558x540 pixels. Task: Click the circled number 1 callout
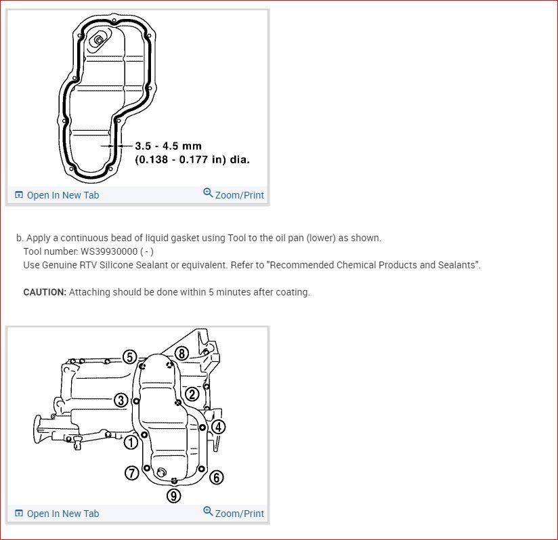tap(131, 442)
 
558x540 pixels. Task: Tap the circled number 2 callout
tap(192, 394)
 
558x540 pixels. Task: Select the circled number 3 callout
tap(121, 400)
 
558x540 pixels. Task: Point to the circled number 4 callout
tap(218, 427)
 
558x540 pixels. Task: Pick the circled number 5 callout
tap(130, 357)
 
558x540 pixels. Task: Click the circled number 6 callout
tap(216, 477)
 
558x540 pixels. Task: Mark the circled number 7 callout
tap(131, 472)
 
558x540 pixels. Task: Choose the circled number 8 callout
tap(181, 353)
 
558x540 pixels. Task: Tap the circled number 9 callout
tap(174, 496)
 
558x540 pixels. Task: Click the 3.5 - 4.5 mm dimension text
tap(168, 146)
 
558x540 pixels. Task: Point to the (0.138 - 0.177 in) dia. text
tap(192, 160)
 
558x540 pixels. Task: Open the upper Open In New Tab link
tap(62, 195)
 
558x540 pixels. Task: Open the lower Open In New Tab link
tap(62, 514)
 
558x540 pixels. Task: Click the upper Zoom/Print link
tap(239, 195)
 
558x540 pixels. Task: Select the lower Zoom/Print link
tap(239, 514)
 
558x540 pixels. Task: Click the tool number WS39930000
tap(108, 251)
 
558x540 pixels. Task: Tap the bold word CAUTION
tap(45, 292)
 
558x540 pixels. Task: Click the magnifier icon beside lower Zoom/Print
tap(208, 512)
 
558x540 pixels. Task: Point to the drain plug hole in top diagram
tap(99, 40)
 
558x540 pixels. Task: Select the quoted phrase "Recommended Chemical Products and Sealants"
tap(374, 265)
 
